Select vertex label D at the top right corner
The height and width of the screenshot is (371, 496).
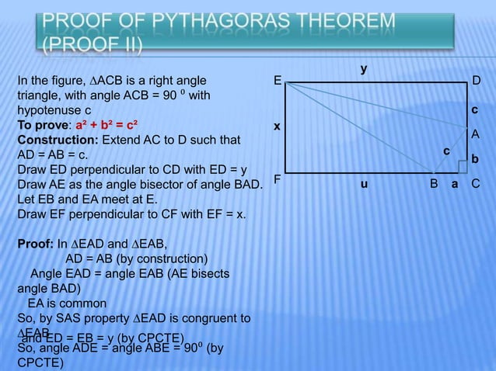477,81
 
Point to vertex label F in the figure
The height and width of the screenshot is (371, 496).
276,180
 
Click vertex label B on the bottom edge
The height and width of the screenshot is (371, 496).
435,185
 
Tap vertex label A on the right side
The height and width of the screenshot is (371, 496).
476,134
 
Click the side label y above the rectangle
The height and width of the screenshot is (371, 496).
363,70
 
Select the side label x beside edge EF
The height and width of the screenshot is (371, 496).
276,126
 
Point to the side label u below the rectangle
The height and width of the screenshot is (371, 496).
363,185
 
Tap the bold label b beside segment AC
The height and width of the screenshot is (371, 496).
476,158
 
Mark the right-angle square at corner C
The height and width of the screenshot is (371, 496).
463,165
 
